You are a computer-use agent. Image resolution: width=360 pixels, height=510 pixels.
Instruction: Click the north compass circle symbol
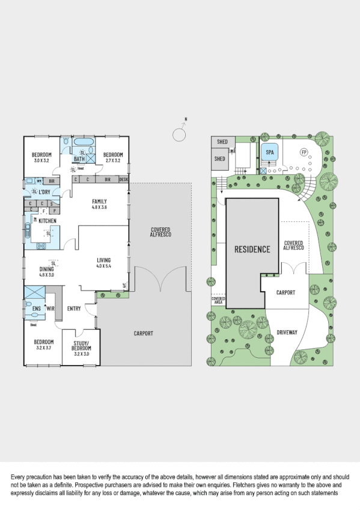click(178, 134)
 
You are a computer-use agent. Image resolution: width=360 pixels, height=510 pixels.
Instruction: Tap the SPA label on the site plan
click(269, 153)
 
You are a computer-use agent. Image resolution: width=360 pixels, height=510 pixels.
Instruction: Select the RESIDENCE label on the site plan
click(252, 249)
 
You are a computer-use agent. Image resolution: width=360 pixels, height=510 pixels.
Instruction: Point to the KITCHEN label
click(47, 221)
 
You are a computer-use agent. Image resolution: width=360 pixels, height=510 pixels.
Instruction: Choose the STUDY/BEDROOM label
click(81, 346)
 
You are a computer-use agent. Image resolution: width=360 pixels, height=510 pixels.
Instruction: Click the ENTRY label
click(75, 309)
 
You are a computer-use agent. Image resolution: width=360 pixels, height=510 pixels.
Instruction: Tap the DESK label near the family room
click(124, 180)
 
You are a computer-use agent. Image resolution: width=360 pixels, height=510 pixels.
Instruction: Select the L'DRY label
click(45, 191)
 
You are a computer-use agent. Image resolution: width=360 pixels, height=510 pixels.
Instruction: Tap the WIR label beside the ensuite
click(50, 309)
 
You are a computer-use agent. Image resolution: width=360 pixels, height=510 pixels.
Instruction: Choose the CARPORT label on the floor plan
click(143, 333)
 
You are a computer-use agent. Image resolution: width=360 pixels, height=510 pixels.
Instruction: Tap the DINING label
click(46, 269)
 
